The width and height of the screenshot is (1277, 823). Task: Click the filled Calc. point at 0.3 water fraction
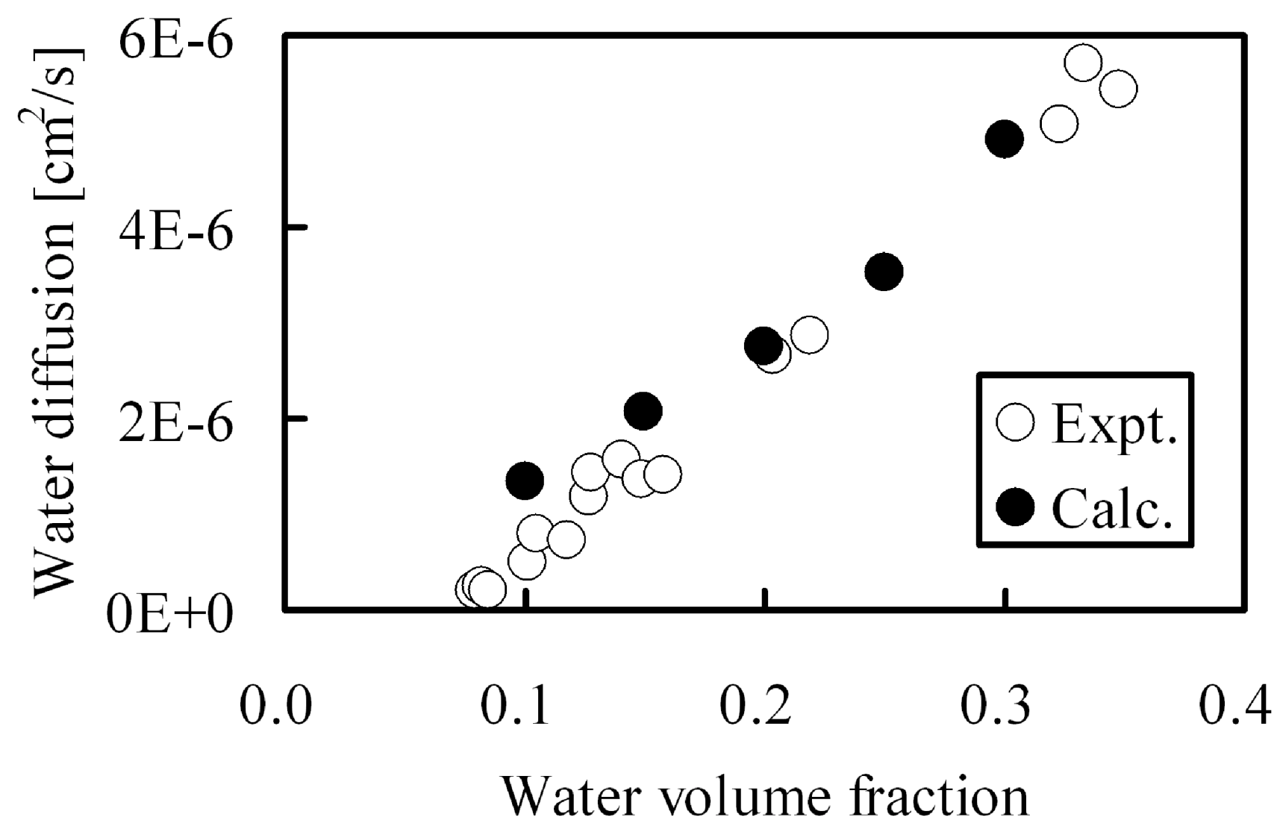(x=1004, y=139)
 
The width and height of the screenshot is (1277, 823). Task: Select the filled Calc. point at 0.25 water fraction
(x=884, y=272)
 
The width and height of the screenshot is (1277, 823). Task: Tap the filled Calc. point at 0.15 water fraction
(x=643, y=410)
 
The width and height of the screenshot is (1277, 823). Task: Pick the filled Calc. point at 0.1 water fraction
(x=524, y=481)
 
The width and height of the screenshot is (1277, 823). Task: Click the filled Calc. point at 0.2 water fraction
(x=763, y=345)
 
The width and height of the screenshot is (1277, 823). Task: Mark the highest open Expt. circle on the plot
(x=1083, y=63)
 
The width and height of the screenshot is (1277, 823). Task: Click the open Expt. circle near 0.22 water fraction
(x=809, y=336)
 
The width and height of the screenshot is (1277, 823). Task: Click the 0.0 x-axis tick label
(x=275, y=705)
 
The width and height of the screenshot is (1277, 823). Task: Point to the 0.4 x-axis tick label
(x=1234, y=705)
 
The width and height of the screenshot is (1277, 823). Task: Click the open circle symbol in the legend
(x=1015, y=423)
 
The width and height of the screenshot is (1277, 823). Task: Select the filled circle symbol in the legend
(x=1015, y=507)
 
